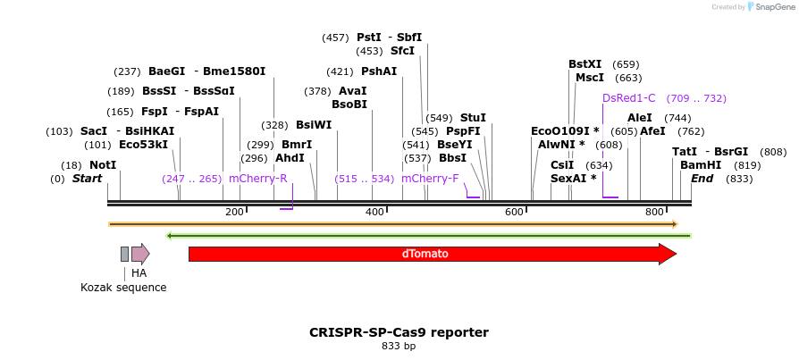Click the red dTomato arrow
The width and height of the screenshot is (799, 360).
432,254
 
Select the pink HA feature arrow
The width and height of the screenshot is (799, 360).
140,254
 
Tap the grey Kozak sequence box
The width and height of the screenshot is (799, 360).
124,254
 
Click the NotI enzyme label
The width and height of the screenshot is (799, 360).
103,165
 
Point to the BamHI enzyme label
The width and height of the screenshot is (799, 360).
694,165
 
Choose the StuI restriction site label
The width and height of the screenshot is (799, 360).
473,117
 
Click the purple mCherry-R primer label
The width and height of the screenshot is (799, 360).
258,179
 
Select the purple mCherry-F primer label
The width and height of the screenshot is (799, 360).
430,179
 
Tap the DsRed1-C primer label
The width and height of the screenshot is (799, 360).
629,98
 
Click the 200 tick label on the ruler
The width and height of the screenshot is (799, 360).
234,212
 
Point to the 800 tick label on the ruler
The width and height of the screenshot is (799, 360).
654,212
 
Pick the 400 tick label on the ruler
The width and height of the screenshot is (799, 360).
374,212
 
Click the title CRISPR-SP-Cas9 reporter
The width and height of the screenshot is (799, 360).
399,332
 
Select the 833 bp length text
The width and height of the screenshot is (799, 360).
399,346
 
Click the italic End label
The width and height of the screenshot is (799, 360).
702,179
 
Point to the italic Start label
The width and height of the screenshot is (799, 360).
87,179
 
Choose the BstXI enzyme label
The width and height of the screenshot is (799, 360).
585,64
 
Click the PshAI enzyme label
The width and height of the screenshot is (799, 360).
379,71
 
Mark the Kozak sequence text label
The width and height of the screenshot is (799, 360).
123,288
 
